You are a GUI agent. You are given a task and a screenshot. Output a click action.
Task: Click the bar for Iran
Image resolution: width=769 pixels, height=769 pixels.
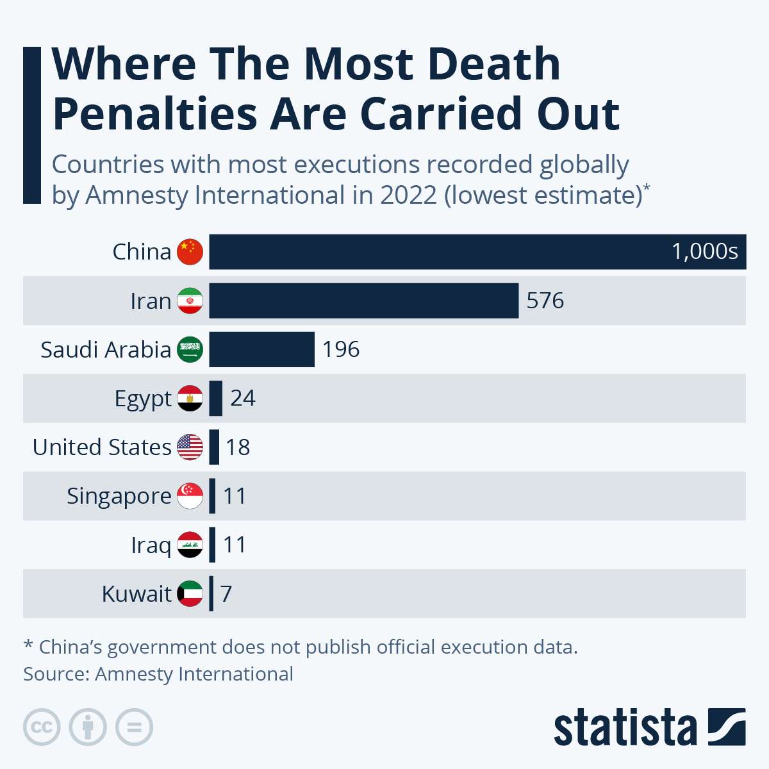[x=363, y=301]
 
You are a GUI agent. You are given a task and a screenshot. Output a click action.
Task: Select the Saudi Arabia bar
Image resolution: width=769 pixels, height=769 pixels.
[x=261, y=349]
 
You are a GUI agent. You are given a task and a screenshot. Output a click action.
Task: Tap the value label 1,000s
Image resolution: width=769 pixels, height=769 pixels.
[x=704, y=251]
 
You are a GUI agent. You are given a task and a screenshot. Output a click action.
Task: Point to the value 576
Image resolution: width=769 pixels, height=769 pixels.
[x=545, y=301]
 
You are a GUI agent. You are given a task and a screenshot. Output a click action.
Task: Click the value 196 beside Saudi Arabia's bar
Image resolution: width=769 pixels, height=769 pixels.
[x=341, y=349]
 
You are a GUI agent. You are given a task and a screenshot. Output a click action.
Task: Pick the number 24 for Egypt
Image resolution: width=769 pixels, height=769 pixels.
[x=243, y=398]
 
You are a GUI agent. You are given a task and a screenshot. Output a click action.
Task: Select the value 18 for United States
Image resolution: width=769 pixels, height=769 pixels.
[x=238, y=447]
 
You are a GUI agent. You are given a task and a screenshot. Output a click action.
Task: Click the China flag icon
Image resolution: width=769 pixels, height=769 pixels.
[x=190, y=252]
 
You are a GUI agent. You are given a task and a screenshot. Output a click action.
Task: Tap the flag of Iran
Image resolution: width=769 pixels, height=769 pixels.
[x=190, y=301]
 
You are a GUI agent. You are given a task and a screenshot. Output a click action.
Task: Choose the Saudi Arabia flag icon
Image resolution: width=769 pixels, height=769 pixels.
[x=190, y=349]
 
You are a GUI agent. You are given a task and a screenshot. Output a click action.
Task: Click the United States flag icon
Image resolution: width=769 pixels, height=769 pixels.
[x=190, y=447]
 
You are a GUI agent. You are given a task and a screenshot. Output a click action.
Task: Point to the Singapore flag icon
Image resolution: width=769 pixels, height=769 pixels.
[x=190, y=496]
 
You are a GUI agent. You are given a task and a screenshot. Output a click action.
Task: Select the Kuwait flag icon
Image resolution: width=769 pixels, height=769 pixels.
[x=190, y=593]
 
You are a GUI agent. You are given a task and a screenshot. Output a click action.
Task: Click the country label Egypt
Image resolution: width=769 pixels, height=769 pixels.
[x=143, y=399]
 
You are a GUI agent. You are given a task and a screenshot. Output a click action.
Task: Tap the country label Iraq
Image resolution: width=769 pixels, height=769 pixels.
[x=151, y=545]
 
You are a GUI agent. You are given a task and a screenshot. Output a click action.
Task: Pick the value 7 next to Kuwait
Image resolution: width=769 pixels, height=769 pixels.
[x=226, y=594]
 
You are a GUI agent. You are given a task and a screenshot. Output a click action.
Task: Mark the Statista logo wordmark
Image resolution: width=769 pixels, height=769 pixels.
[x=625, y=728]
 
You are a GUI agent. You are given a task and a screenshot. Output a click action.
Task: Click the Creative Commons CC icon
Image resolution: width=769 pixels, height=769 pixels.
[x=42, y=727]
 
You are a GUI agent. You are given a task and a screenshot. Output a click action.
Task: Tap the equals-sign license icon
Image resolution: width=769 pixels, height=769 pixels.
[x=135, y=727]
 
